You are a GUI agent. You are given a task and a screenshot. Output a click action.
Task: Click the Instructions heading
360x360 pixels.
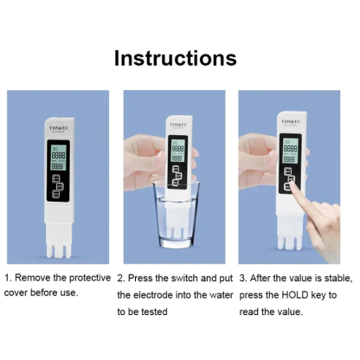click(176, 58)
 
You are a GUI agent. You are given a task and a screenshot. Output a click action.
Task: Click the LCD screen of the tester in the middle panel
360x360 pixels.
click(177, 151)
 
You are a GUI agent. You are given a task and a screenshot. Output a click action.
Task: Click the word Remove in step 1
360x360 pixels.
click(38, 278)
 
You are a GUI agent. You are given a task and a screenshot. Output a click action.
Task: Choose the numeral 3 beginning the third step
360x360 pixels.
click(242, 278)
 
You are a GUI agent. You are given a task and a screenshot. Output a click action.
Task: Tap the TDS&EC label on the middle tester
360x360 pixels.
click(177, 123)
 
